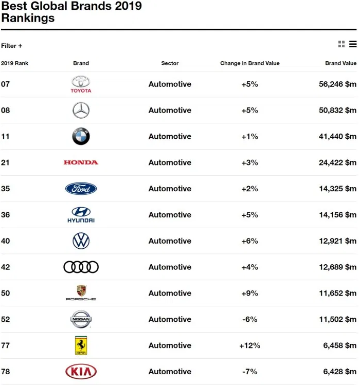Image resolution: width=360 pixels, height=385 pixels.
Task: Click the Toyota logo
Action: tap(81, 84)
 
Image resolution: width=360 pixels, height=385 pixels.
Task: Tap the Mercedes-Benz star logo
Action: tap(81, 110)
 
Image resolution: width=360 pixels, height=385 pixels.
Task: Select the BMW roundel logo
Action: tap(81, 136)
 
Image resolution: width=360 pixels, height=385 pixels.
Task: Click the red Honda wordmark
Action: tap(81, 162)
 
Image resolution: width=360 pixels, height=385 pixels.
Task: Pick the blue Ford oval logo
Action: tap(81, 189)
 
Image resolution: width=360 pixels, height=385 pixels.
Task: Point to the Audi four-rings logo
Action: tap(81, 267)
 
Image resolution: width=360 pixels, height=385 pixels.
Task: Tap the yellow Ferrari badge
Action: tap(81, 345)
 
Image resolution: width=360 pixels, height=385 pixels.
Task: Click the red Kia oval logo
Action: tap(81, 371)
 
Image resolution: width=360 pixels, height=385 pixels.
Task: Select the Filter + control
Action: tap(12, 46)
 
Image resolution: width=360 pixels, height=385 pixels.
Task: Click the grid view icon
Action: tap(341, 44)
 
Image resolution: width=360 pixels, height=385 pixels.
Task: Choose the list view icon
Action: tap(353, 44)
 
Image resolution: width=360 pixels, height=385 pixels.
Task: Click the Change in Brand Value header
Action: tap(249, 63)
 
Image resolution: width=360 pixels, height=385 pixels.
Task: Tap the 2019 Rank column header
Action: tap(14, 63)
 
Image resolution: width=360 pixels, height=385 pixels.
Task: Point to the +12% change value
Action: tap(249, 345)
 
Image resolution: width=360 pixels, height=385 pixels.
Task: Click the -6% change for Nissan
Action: tap(249, 319)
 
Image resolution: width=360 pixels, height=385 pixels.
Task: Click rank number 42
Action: tap(6, 267)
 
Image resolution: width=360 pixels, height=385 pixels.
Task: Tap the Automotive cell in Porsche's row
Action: tap(170, 293)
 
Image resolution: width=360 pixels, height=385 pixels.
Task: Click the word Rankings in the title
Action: tap(28, 19)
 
